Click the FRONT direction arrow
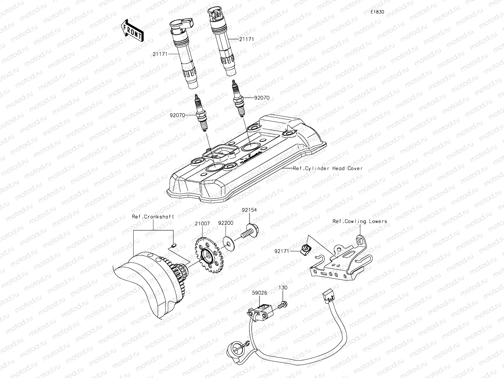pos(132,31)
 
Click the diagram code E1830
pos(377,12)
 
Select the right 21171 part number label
pos(246,39)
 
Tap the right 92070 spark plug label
pos(262,98)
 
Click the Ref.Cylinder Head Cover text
pos(328,169)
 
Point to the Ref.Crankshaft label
pos(153,217)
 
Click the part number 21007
pos(202,223)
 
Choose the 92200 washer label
pos(226,223)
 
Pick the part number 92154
pos(249,209)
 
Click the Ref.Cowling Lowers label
pos(359,221)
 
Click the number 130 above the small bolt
pos(283,288)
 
